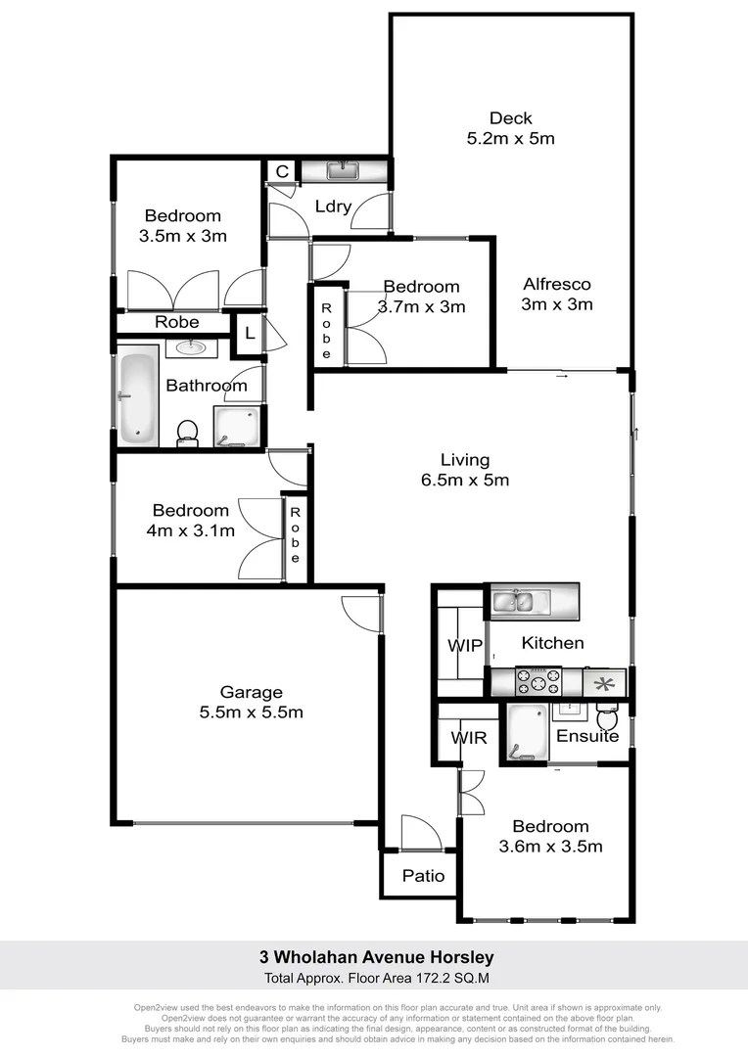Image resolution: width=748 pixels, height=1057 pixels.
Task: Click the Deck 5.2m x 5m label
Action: click(510, 128)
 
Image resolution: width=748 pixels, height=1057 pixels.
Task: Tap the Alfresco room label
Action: click(557, 294)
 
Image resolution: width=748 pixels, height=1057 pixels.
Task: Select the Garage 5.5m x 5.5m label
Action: click(251, 702)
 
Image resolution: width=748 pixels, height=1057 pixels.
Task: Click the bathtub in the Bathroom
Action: click(137, 399)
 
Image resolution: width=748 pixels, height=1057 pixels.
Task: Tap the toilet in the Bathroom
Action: click(187, 432)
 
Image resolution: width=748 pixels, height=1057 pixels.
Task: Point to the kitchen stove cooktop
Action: click(538, 680)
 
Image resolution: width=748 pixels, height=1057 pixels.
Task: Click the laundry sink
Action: click(341, 172)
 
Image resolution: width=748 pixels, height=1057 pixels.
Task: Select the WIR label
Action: click(469, 737)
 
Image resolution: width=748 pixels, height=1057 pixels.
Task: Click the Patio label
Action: click(423, 876)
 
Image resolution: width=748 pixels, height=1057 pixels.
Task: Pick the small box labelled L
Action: click(250, 334)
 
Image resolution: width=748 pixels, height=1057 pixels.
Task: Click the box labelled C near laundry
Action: click(282, 172)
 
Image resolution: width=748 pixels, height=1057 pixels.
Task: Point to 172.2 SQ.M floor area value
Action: click(442, 978)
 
